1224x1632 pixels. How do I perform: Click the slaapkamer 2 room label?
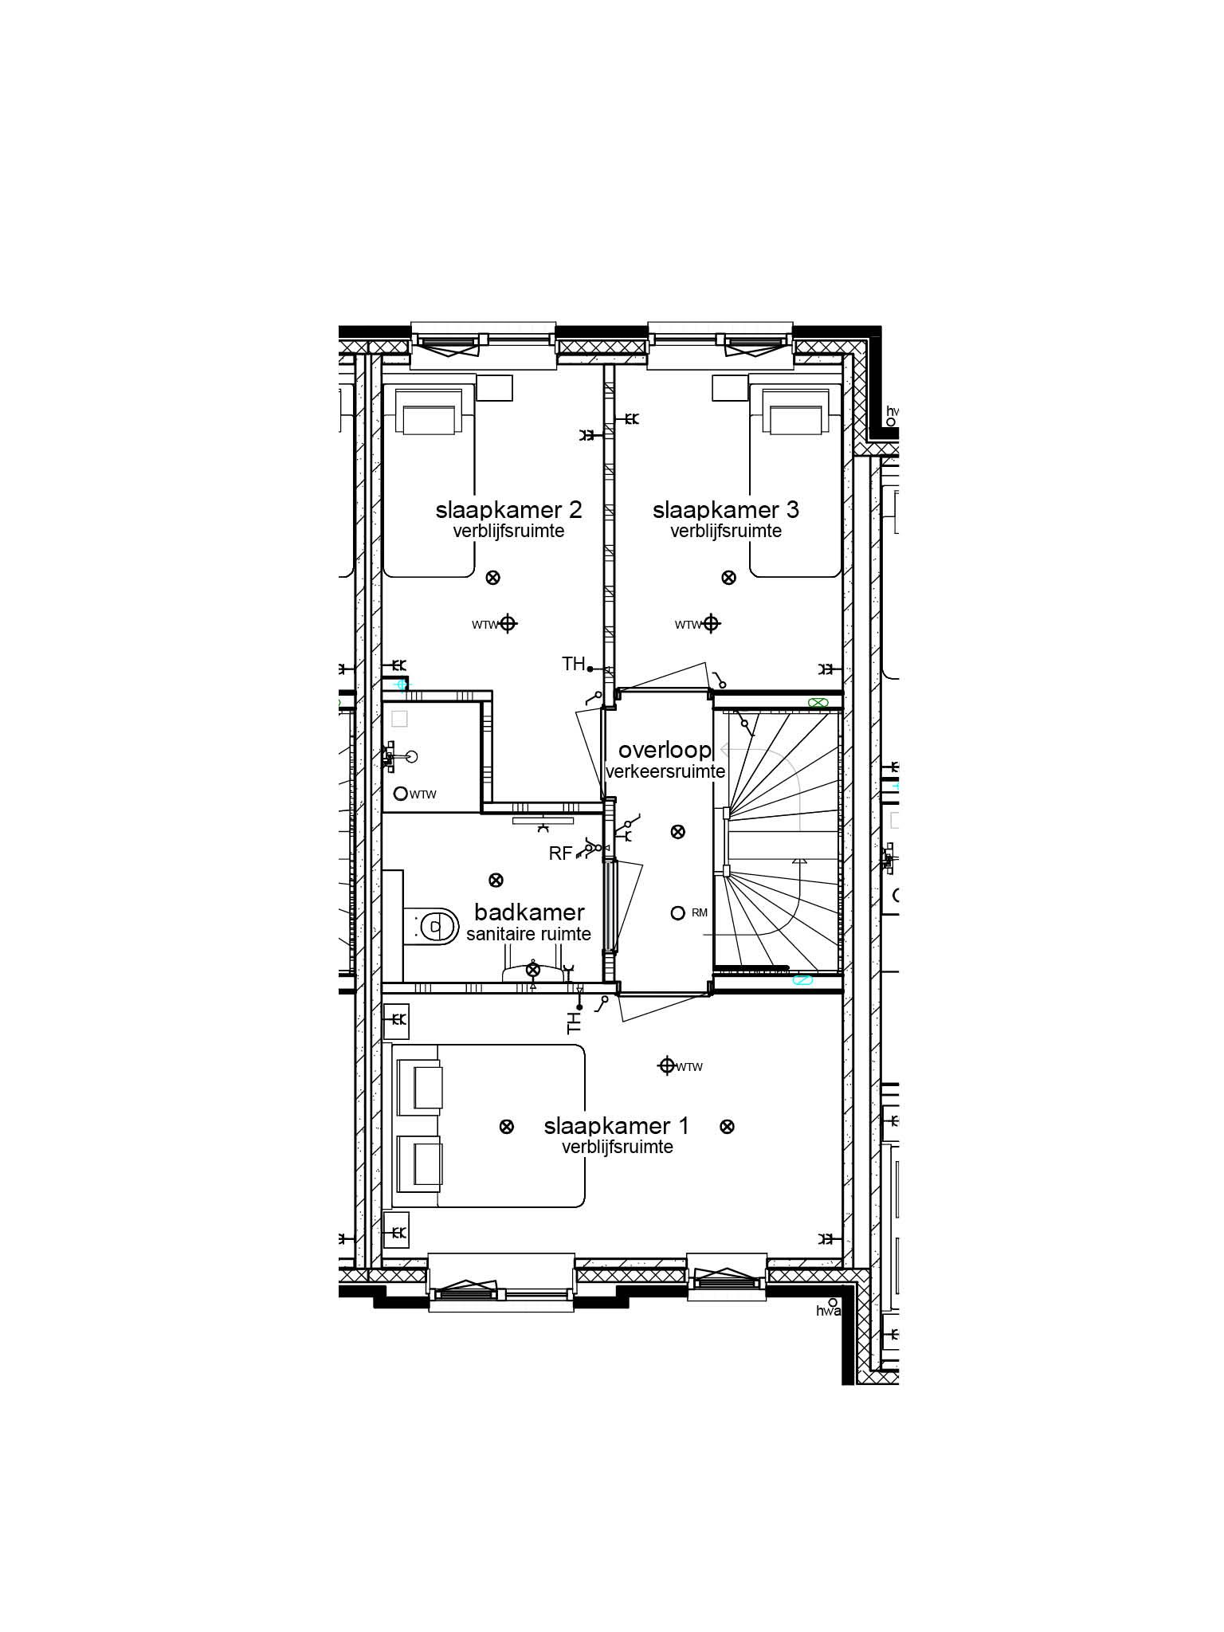[508, 509]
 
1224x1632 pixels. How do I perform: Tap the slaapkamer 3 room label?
[725, 509]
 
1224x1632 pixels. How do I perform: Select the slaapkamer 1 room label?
[616, 1126]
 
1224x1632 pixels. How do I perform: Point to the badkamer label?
[529, 912]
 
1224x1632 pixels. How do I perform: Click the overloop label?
[665, 750]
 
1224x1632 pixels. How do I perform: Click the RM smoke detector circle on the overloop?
[677, 913]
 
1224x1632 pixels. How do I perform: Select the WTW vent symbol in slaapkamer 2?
[508, 624]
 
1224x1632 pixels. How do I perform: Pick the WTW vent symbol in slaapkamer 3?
[711, 624]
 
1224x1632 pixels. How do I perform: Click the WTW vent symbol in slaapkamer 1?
[667, 1065]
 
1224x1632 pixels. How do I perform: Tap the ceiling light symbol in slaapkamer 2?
[493, 578]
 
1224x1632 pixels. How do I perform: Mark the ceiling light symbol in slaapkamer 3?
[728, 578]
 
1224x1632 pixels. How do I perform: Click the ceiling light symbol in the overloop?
[677, 832]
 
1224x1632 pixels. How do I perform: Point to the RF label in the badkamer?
[560, 853]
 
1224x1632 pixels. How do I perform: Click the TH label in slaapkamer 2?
[574, 663]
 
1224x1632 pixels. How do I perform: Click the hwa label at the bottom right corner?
[828, 1311]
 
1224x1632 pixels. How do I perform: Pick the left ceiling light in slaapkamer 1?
[506, 1127]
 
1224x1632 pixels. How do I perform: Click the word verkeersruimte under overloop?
[665, 771]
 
